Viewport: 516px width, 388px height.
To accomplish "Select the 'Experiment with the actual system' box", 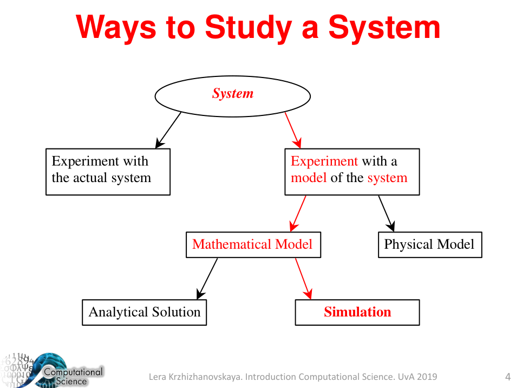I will (108, 171).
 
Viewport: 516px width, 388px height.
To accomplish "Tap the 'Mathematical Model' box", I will (252, 244).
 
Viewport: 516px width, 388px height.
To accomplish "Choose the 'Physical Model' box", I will (429, 244).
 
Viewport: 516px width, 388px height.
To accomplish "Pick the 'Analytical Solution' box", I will (144, 312).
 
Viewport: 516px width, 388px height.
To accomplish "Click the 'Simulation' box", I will (357, 312).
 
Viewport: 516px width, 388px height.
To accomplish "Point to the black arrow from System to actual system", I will (168, 130).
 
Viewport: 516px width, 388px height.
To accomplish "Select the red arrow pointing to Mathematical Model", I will (298, 214).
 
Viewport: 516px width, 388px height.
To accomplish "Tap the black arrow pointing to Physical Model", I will (386, 214).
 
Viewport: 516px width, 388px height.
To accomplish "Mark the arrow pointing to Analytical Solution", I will (207, 278).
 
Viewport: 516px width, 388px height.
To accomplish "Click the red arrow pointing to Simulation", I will (303, 278).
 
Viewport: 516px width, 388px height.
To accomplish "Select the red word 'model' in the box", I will (309, 178).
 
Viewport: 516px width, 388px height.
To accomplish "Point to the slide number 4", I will (507, 377).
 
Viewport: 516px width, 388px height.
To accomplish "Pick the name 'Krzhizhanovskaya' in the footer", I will (206, 377).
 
